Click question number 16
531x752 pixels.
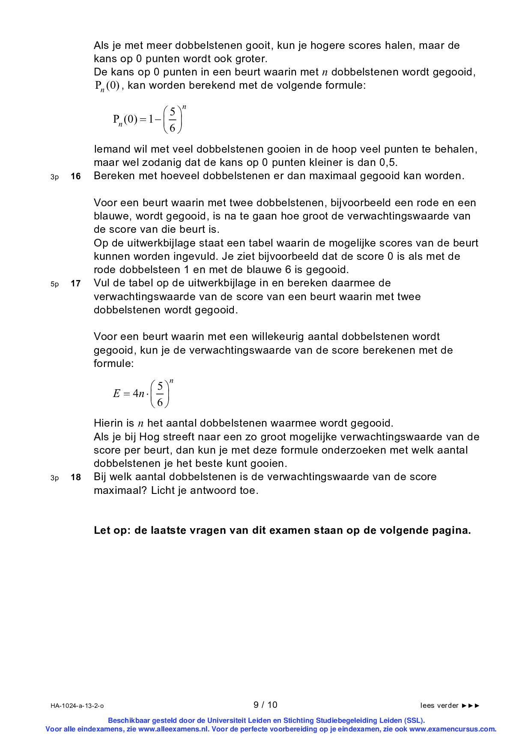(76, 176)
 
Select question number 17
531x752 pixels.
(76, 283)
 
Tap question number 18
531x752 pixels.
(76, 477)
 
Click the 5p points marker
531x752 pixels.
(54, 284)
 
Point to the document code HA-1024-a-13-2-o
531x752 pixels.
(77, 706)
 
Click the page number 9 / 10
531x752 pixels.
(265, 705)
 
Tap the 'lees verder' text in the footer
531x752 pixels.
(439, 706)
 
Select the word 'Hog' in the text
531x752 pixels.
(149, 437)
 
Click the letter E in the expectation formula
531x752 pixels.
(116, 394)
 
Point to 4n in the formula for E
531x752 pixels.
(138, 394)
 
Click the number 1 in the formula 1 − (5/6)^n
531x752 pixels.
(151, 119)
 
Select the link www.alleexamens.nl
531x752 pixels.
(173, 729)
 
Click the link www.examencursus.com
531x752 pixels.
(452, 729)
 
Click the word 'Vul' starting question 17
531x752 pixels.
(101, 283)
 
